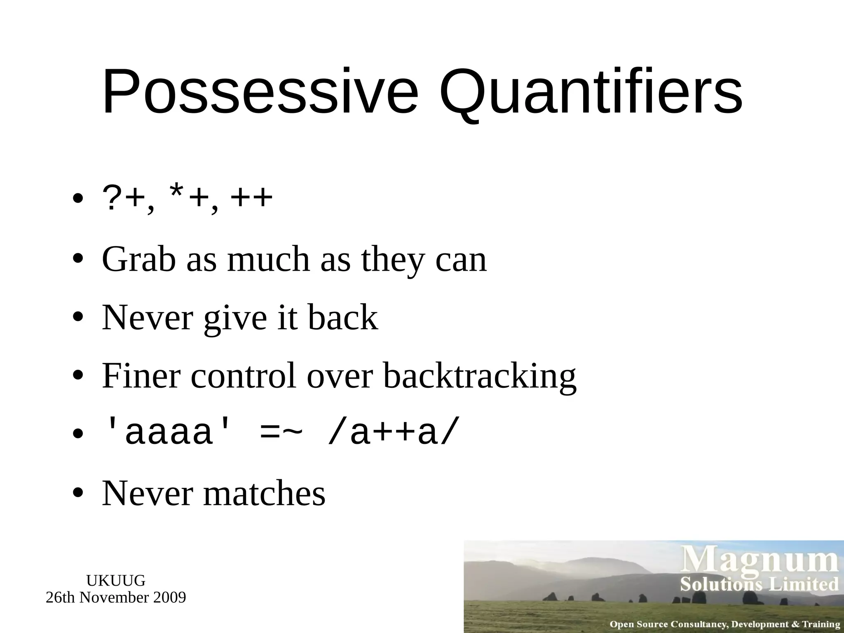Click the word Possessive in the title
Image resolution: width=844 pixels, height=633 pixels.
[260, 91]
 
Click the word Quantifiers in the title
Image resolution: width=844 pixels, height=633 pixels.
[591, 91]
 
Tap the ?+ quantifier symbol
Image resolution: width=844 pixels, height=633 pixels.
[122, 199]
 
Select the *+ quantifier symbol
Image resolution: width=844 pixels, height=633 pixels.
[188, 199]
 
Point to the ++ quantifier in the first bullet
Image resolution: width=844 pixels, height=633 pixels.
[251, 199]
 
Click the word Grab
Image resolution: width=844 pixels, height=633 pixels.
[139, 260]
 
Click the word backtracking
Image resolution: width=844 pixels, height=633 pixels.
[479, 376]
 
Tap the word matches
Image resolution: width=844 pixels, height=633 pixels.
[264, 493]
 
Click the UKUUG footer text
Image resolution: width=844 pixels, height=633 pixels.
[116, 581]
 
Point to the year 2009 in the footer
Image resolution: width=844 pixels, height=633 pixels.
[169, 597]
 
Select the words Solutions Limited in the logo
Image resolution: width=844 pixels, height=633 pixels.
[759, 585]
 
